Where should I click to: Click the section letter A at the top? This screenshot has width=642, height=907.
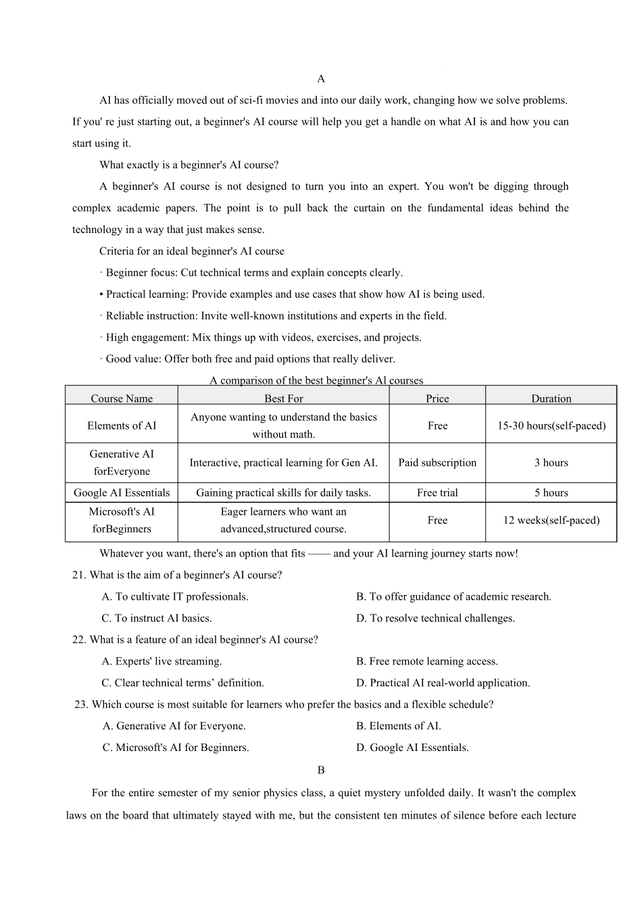coord(321,79)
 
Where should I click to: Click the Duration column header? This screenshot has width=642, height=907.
coord(551,398)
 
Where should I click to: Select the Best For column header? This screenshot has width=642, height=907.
coord(283,398)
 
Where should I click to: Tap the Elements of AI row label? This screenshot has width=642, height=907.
coord(122,425)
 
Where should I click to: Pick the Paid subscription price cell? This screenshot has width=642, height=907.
coord(437,463)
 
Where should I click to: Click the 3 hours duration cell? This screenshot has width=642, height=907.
coord(551,463)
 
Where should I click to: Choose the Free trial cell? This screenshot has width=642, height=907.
coord(437,492)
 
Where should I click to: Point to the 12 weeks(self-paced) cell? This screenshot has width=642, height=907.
coord(551,520)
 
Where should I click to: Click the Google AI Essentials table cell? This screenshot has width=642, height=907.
coord(122,492)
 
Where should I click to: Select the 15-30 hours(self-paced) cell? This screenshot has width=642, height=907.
coord(551,425)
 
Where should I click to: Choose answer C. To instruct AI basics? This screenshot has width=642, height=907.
coord(157,618)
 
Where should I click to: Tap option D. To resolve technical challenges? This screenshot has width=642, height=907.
coord(435,618)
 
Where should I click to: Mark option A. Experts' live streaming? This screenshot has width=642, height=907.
coord(162,661)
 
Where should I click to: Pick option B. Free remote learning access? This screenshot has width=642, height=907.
coord(426,661)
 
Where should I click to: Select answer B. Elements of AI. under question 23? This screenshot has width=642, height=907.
coord(398,726)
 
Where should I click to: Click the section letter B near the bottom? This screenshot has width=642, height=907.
coord(321,770)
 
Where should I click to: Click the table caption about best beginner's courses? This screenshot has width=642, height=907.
coord(316,380)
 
